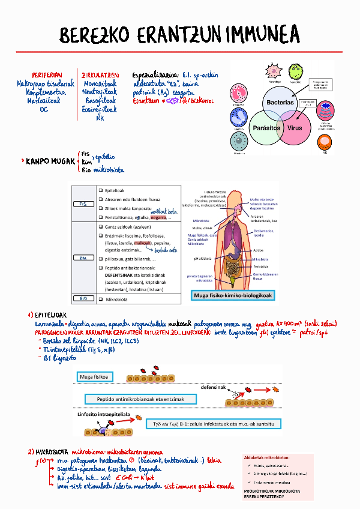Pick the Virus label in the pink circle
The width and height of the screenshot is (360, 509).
[295, 128]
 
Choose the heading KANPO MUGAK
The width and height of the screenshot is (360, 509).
[50, 161]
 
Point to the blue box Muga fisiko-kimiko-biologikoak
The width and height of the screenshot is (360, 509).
[232, 296]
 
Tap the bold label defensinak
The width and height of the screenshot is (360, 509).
[213, 387]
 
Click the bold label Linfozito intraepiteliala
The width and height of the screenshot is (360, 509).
[105, 414]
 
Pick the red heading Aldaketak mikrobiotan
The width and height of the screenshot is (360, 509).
[266, 458]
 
